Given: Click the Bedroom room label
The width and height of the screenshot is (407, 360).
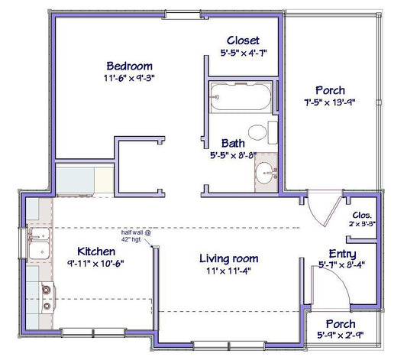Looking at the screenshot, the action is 129,66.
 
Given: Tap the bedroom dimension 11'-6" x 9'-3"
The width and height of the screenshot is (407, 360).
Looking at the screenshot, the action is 129,78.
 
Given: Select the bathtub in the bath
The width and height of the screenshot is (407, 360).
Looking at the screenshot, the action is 241,97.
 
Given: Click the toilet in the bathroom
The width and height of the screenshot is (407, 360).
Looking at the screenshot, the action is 263,132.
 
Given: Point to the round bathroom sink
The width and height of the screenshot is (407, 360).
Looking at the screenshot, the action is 266,173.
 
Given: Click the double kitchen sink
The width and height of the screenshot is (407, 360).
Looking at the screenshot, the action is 39,243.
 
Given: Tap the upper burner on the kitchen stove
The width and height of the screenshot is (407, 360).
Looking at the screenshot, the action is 47,290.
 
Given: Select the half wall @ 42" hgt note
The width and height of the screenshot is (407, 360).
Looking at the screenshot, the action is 136,236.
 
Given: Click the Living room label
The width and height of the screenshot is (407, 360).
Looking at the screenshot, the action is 228,258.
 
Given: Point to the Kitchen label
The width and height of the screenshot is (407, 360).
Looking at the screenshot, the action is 96,251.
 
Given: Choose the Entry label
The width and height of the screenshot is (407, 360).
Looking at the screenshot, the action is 342,254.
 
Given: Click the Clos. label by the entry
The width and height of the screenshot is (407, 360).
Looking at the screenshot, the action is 362,215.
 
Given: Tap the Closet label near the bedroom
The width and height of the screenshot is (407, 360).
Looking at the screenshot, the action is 243,41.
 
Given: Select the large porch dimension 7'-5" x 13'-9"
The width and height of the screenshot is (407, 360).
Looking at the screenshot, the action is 330,102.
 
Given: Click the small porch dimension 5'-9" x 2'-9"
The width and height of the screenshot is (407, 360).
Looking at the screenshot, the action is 341,336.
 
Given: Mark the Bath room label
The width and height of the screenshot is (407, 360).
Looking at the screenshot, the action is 233,144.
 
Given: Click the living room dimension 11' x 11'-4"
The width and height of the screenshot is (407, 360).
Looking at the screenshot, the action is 228,271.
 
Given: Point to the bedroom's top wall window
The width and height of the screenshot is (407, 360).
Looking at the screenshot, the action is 183,15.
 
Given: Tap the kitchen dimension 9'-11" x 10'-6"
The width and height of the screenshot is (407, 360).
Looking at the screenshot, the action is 95,264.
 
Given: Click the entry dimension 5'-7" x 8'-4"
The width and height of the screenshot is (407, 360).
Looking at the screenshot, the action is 342,265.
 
